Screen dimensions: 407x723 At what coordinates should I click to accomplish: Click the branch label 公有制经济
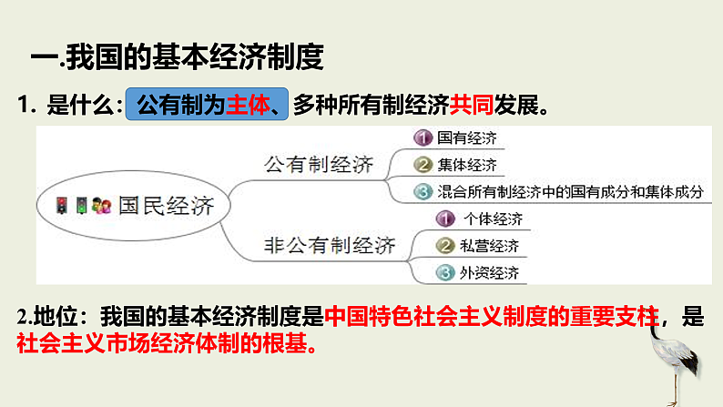coord(318,165)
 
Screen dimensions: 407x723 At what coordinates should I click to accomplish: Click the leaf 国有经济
coord(466,138)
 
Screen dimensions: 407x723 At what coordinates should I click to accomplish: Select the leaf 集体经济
coord(466,165)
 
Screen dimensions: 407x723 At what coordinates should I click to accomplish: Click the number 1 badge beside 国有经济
coord(422,138)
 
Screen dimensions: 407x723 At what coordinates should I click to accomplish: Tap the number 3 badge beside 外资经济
coord(444,271)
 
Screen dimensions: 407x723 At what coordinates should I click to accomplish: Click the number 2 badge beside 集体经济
coord(422,165)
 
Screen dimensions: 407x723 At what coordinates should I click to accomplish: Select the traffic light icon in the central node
coord(62,206)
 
